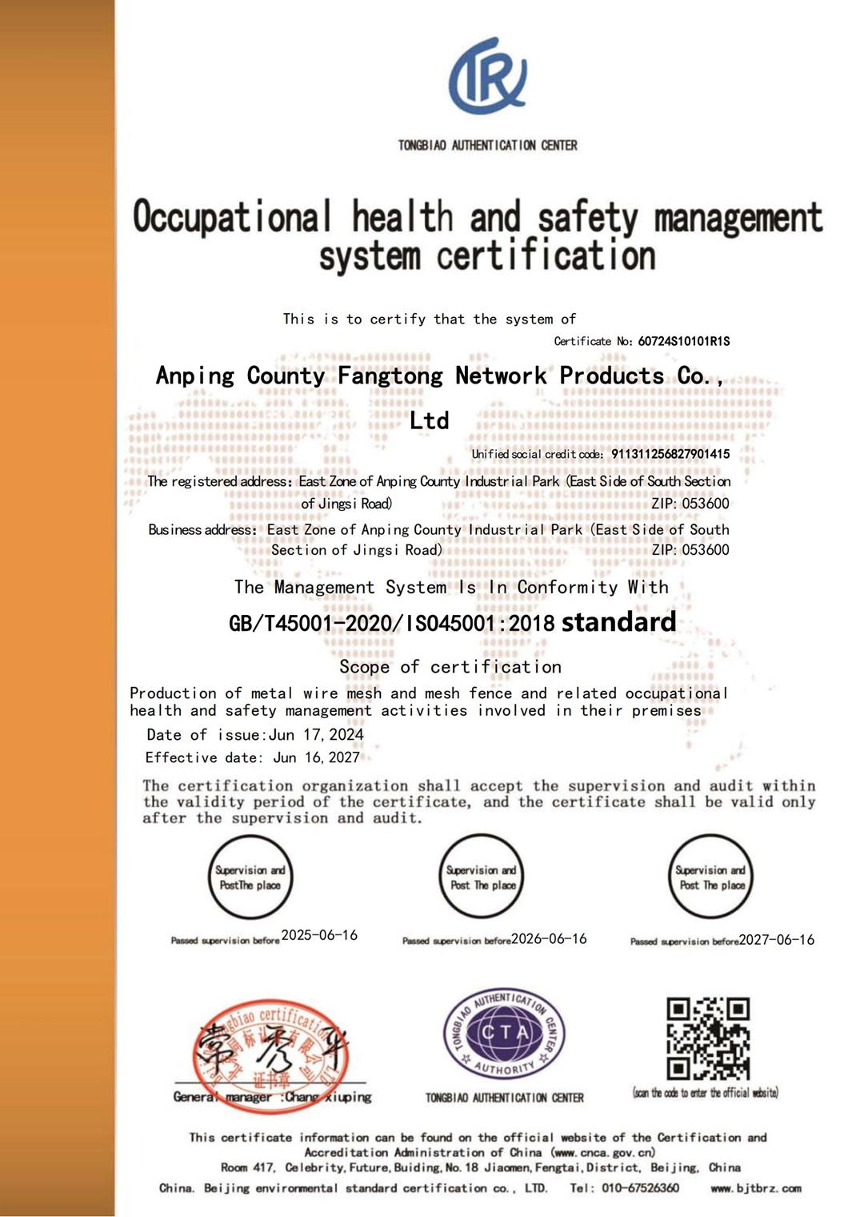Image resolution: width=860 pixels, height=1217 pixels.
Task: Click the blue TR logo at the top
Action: click(487, 76)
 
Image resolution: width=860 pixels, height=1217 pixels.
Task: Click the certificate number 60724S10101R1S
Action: click(683, 341)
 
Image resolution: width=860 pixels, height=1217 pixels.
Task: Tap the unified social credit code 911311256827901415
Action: click(670, 454)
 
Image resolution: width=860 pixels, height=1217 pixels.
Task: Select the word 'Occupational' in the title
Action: click(232, 218)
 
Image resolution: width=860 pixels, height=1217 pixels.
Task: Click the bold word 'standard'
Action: click(618, 622)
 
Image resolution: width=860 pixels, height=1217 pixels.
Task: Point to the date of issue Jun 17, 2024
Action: click(316, 735)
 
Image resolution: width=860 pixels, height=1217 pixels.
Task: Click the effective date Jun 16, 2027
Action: click(317, 757)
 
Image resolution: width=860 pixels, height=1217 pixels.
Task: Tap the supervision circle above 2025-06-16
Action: click(250, 877)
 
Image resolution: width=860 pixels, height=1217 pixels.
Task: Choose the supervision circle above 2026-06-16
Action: click(482, 877)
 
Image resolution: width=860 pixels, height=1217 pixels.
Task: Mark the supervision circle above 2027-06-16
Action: click(711, 877)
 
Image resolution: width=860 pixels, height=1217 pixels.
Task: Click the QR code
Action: click(708, 1038)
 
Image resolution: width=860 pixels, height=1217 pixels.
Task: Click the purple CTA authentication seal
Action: click(505, 1032)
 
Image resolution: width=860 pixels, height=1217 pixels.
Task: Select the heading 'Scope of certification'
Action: click(450, 667)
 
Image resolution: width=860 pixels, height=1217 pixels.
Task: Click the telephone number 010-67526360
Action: click(640, 1188)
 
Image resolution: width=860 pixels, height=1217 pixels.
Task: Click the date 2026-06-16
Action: click(549, 938)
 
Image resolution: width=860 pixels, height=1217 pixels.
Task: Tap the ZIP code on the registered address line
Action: click(690, 504)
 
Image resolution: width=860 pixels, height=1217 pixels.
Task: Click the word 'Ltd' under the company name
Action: click(429, 421)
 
